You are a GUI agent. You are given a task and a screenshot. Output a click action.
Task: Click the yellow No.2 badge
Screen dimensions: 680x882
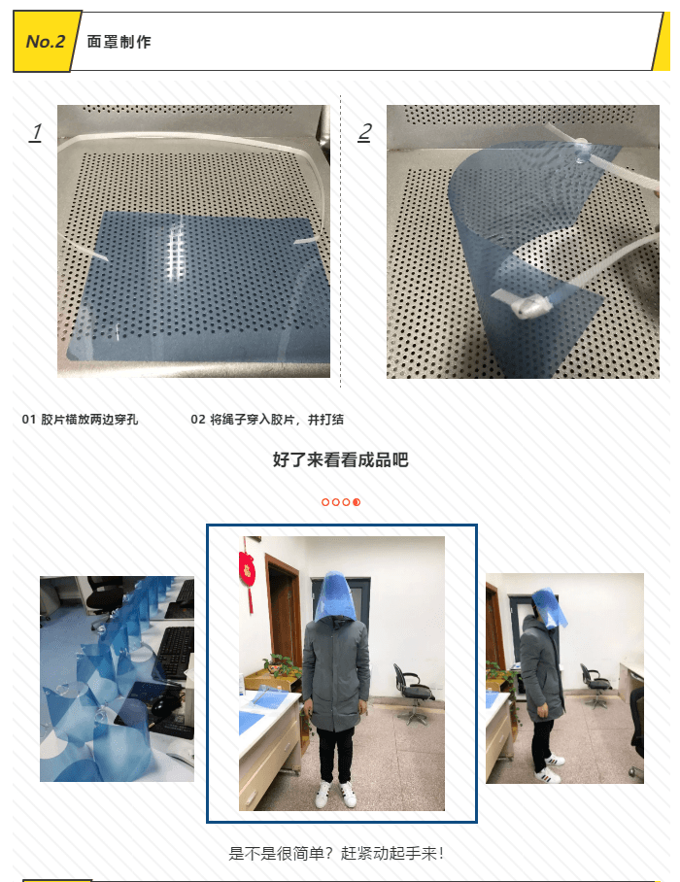pyautogui.click(x=47, y=42)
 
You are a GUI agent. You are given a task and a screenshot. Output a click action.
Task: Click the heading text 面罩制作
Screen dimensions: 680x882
pyautogui.click(x=119, y=42)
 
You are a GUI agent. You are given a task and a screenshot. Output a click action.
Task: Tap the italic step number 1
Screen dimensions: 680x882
pyautogui.click(x=35, y=132)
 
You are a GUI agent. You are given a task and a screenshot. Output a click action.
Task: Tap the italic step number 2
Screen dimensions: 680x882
pyautogui.click(x=364, y=132)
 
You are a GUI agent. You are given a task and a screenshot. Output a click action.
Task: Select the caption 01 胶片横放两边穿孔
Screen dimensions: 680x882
pyautogui.click(x=80, y=419)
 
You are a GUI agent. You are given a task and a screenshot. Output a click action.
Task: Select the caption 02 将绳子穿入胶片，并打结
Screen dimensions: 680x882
pyautogui.click(x=267, y=419)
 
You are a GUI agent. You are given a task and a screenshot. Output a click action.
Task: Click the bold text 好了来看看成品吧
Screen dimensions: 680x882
pyautogui.click(x=340, y=459)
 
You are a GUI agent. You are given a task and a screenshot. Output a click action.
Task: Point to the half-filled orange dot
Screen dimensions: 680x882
pyautogui.click(x=357, y=502)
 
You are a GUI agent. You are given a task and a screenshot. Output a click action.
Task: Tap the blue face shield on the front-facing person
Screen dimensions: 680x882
pyautogui.click(x=333, y=596)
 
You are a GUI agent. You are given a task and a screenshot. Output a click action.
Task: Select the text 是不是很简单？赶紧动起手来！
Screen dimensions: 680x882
pyautogui.click(x=337, y=853)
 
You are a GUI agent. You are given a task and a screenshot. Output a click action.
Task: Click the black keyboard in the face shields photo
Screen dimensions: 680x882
pyautogui.click(x=176, y=653)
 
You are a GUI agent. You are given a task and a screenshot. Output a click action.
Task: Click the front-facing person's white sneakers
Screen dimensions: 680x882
pyautogui.click(x=336, y=794)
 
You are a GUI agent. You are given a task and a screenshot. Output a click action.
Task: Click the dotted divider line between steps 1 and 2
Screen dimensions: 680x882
pyautogui.click(x=340, y=242)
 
